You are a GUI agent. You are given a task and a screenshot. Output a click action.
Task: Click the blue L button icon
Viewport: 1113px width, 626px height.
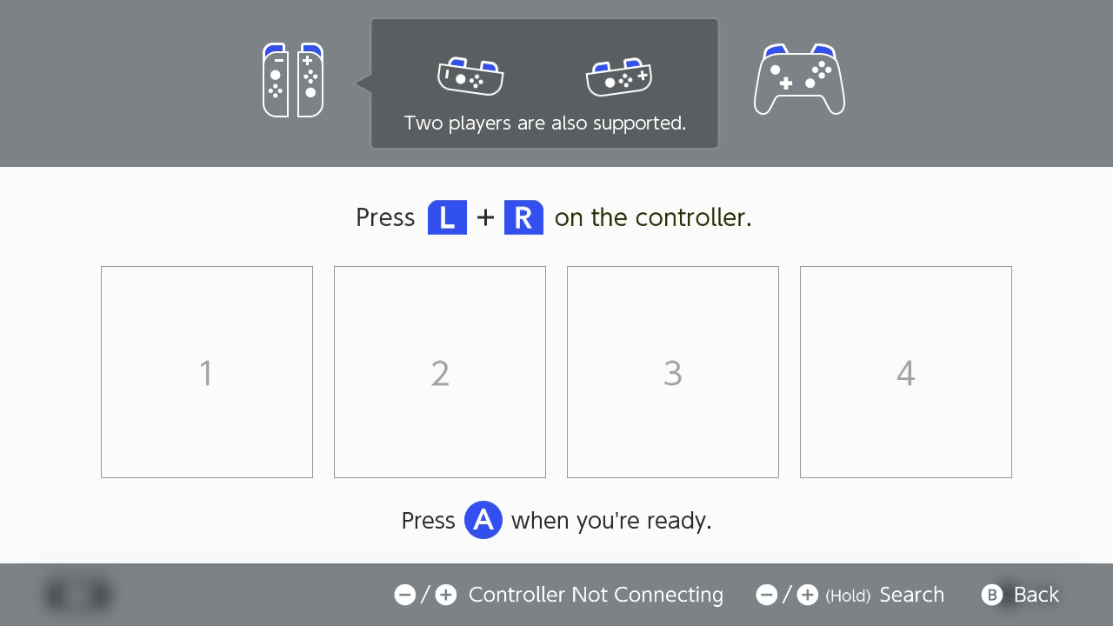pos(447,217)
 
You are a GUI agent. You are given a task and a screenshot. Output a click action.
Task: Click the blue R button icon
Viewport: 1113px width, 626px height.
pos(523,217)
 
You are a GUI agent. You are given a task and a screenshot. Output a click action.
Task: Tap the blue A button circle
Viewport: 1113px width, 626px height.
pos(483,520)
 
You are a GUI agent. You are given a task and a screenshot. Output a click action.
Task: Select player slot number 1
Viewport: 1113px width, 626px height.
pos(207,372)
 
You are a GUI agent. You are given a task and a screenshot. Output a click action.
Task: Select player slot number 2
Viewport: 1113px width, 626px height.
pos(440,372)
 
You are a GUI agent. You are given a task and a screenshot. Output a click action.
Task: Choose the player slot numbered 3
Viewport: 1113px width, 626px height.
pos(673,372)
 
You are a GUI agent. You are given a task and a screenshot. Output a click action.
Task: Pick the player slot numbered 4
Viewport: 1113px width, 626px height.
pos(906,372)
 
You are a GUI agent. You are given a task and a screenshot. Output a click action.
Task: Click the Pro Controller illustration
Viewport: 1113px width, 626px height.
pos(799,79)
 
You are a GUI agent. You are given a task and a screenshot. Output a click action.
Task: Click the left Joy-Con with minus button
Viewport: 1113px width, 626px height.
pos(276,80)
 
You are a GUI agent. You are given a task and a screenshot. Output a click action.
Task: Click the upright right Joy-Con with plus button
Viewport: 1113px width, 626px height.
pos(310,80)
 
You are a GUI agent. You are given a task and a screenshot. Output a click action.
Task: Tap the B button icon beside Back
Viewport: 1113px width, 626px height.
pos(992,595)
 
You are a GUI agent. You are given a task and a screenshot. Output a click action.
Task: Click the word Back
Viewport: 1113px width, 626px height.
pos(1036,595)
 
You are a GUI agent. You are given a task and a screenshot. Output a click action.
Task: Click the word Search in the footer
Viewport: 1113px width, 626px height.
pos(912,595)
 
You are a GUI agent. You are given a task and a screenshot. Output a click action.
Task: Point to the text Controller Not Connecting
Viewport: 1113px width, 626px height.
pos(596,596)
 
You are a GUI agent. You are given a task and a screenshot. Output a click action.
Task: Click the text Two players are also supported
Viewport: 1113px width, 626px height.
pos(545,123)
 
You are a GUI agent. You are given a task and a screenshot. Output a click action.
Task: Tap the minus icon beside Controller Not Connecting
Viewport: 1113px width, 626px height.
pos(405,595)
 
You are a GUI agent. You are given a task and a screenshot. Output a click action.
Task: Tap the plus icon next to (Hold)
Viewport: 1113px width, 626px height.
pos(808,595)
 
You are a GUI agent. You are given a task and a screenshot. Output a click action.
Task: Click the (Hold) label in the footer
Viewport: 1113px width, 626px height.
pos(848,596)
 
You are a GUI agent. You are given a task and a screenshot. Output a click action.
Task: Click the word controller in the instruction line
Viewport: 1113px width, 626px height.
pos(693,217)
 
